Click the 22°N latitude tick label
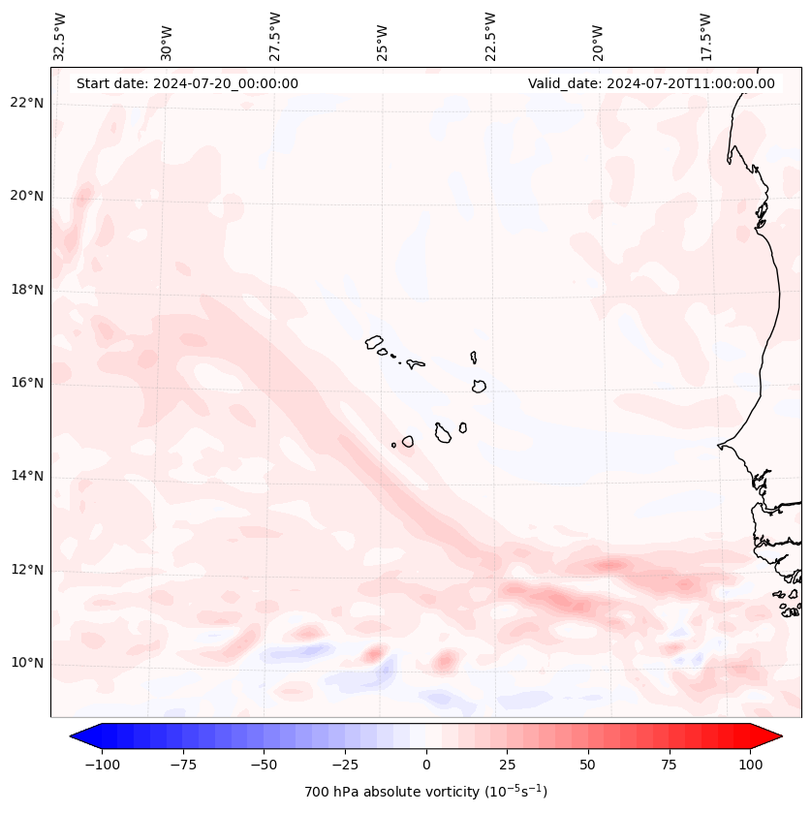coord(27,103)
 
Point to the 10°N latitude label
coord(27,663)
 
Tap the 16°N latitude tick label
coord(27,383)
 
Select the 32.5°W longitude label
coord(60,37)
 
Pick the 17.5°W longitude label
coord(707,37)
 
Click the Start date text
coord(187,83)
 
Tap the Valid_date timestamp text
coord(651,83)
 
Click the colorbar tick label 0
coord(426,765)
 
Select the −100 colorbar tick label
coord(103,765)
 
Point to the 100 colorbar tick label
coord(750,765)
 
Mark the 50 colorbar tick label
coord(588,765)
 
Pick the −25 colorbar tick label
coord(345,765)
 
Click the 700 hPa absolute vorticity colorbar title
coord(425,792)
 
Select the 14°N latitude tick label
coord(27,476)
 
